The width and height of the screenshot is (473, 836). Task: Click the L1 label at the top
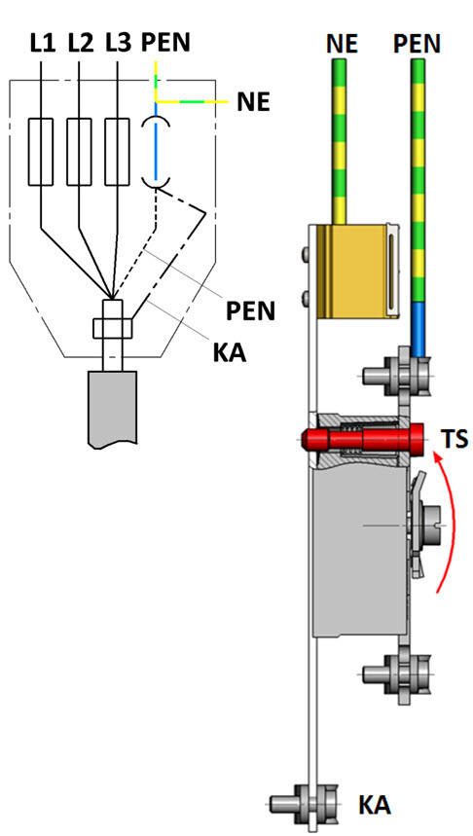tap(43, 43)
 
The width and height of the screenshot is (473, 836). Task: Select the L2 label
tap(81, 43)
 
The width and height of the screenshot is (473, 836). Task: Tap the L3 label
tap(118, 43)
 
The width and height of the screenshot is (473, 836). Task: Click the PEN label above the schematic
tap(165, 43)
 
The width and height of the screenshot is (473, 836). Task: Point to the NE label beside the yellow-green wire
tap(253, 102)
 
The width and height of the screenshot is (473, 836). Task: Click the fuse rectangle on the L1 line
tap(41, 152)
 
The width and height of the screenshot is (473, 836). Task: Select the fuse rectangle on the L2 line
tap(80, 152)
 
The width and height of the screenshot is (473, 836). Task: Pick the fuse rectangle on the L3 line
tap(117, 152)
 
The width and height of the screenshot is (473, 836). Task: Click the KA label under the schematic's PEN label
tap(231, 352)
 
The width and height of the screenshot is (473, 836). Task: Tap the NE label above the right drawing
tap(342, 44)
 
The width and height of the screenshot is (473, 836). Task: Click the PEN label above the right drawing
tap(417, 44)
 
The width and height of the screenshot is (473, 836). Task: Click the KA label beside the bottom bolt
tap(375, 806)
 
